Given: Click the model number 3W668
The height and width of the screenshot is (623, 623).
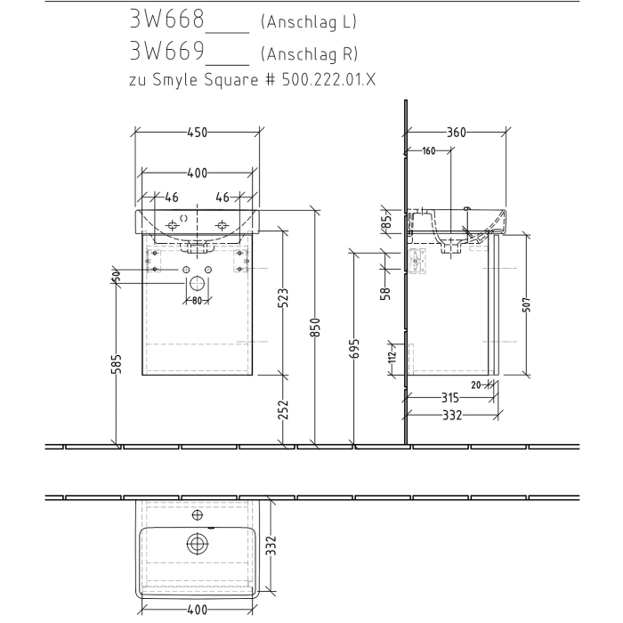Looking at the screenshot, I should pyautogui.click(x=168, y=20).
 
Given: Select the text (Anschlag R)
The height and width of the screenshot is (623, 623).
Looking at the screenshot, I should pyautogui.click(x=311, y=54).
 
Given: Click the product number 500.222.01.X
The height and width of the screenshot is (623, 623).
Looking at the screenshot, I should pyautogui.click(x=328, y=79).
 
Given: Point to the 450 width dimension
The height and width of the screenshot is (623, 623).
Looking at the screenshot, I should pyautogui.click(x=197, y=133).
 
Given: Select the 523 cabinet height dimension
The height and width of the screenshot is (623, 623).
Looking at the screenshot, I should pyautogui.click(x=282, y=298).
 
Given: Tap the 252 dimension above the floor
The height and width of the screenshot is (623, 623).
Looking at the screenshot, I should pyautogui.click(x=282, y=409).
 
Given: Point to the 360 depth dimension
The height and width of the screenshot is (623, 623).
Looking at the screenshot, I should pyautogui.click(x=457, y=133).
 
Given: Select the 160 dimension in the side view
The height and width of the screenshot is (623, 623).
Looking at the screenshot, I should pyautogui.click(x=428, y=151).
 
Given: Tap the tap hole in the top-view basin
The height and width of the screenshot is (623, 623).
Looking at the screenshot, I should pyautogui.click(x=197, y=514).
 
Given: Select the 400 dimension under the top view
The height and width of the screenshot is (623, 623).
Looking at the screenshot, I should pyautogui.click(x=197, y=611).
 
